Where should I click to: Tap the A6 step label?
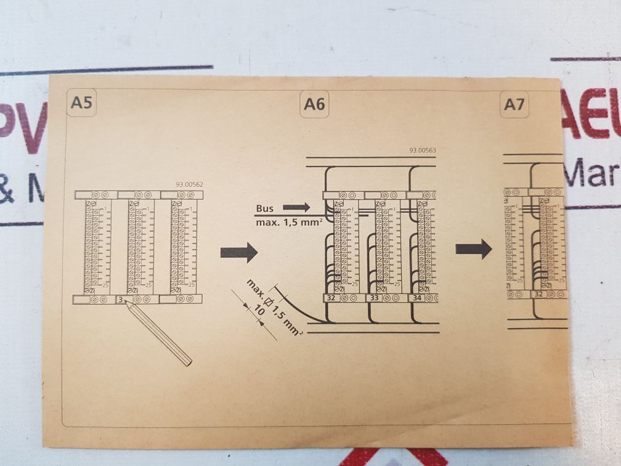pos(314,105)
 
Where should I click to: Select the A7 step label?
pos(514,105)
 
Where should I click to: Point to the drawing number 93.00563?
pos(422,150)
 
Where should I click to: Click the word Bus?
pos(264,209)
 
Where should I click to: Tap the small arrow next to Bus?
pos(297,208)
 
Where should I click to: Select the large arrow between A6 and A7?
pos(473,249)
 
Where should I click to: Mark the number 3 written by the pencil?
pos(121,300)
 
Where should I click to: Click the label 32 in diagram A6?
pos(331,298)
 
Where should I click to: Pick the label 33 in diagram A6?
pos(374,298)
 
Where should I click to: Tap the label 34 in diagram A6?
pos(417,298)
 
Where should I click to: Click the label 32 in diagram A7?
pos(538,294)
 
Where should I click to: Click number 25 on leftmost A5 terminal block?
pos(105,284)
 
